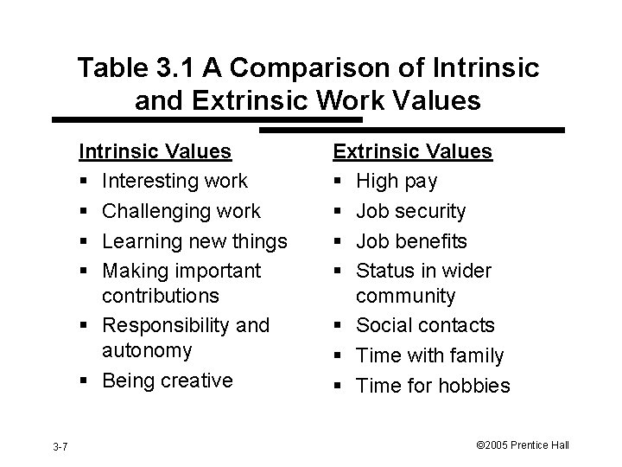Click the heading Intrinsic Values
(x=155, y=152)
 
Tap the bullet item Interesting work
(x=175, y=182)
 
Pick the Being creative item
(x=167, y=381)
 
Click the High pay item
(x=397, y=182)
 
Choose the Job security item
(x=411, y=212)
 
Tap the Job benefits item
(x=412, y=241)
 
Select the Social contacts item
(x=425, y=326)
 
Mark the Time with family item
(x=430, y=355)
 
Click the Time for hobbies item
(x=434, y=386)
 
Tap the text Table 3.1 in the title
(x=136, y=68)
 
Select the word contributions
(x=161, y=296)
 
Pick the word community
(x=406, y=296)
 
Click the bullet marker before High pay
(x=340, y=182)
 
